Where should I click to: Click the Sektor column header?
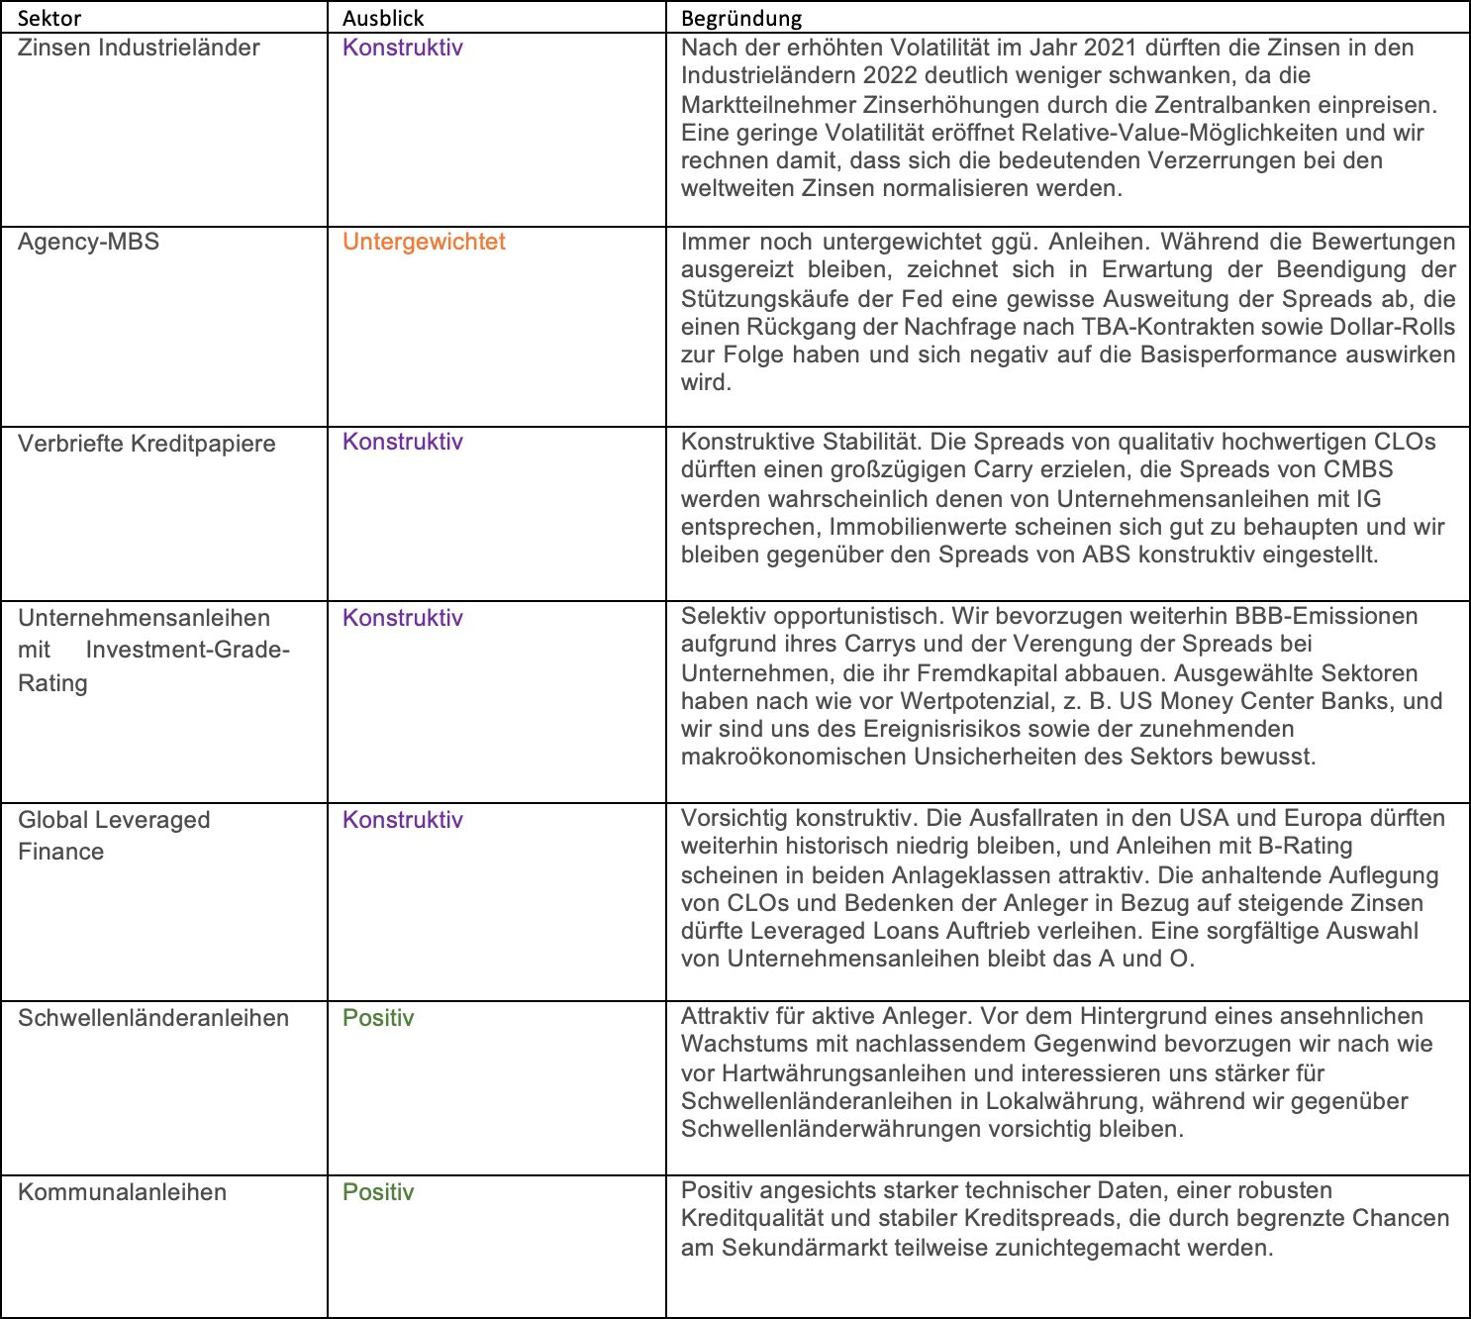coord(49,18)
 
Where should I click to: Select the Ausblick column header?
coord(383,18)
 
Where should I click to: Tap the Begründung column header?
coord(741,18)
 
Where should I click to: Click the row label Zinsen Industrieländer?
coord(139,48)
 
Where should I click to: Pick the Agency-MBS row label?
coord(88,242)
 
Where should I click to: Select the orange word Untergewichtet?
coord(424,242)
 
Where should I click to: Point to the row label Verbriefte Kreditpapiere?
coord(147,444)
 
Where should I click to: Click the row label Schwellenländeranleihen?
coord(153,1018)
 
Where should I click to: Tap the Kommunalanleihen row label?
coord(122,1192)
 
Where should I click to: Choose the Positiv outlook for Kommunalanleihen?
coord(378,1192)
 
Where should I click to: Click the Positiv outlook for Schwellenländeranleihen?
coord(378,1018)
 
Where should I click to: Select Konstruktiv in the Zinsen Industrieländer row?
coord(403,48)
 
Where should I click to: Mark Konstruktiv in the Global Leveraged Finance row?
coord(403,820)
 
